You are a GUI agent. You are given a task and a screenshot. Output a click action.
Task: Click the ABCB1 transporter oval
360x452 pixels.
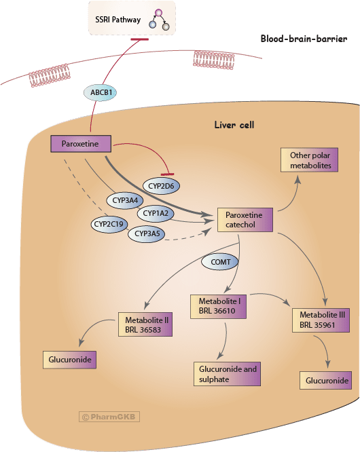pyautogui.click(x=100, y=92)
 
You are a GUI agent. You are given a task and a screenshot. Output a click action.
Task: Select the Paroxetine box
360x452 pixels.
pyautogui.click(x=81, y=144)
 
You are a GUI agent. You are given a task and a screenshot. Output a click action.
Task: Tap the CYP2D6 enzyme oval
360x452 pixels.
pyautogui.click(x=161, y=186)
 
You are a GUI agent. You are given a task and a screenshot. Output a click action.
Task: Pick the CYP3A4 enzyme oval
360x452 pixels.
pyautogui.click(x=125, y=200)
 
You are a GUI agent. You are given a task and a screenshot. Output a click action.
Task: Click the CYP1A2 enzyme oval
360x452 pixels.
pyautogui.click(x=156, y=213)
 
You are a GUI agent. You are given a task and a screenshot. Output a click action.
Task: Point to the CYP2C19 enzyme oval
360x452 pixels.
pyautogui.click(x=109, y=224)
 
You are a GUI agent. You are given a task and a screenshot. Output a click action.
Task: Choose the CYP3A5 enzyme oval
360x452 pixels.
pyautogui.click(x=147, y=233)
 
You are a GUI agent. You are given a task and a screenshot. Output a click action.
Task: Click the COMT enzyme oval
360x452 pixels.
pyautogui.click(x=220, y=262)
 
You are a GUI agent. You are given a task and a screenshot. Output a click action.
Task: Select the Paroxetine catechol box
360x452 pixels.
pyautogui.click(x=245, y=220)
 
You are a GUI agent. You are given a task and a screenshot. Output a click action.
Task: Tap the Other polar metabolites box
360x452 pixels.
pyautogui.click(x=309, y=160)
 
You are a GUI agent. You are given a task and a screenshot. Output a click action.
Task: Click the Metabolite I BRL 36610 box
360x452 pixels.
pyautogui.click(x=218, y=307)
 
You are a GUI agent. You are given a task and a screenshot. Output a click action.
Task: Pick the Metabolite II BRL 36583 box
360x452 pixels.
pyautogui.click(x=145, y=324)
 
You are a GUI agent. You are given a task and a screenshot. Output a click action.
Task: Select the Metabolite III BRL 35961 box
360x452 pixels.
pyautogui.click(x=321, y=320)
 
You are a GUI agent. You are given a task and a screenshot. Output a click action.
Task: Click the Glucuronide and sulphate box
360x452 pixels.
pyautogui.click(x=228, y=374)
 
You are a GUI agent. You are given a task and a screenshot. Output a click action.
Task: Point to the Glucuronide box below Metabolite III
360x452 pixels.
pyautogui.click(x=325, y=381)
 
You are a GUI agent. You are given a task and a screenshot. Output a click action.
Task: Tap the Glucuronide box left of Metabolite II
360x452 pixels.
pyautogui.click(x=69, y=360)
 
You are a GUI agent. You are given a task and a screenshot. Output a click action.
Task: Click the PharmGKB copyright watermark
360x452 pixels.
pyautogui.click(x=109, y=417)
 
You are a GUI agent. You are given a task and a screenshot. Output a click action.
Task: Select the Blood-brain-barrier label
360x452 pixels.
pyautogui.click(x=304, y=39)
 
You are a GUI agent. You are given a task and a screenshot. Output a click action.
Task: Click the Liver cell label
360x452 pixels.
pyautogui.click(x=234, y=125)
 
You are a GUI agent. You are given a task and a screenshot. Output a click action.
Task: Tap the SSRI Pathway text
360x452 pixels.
pyautogui.click(x=118, y=20)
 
